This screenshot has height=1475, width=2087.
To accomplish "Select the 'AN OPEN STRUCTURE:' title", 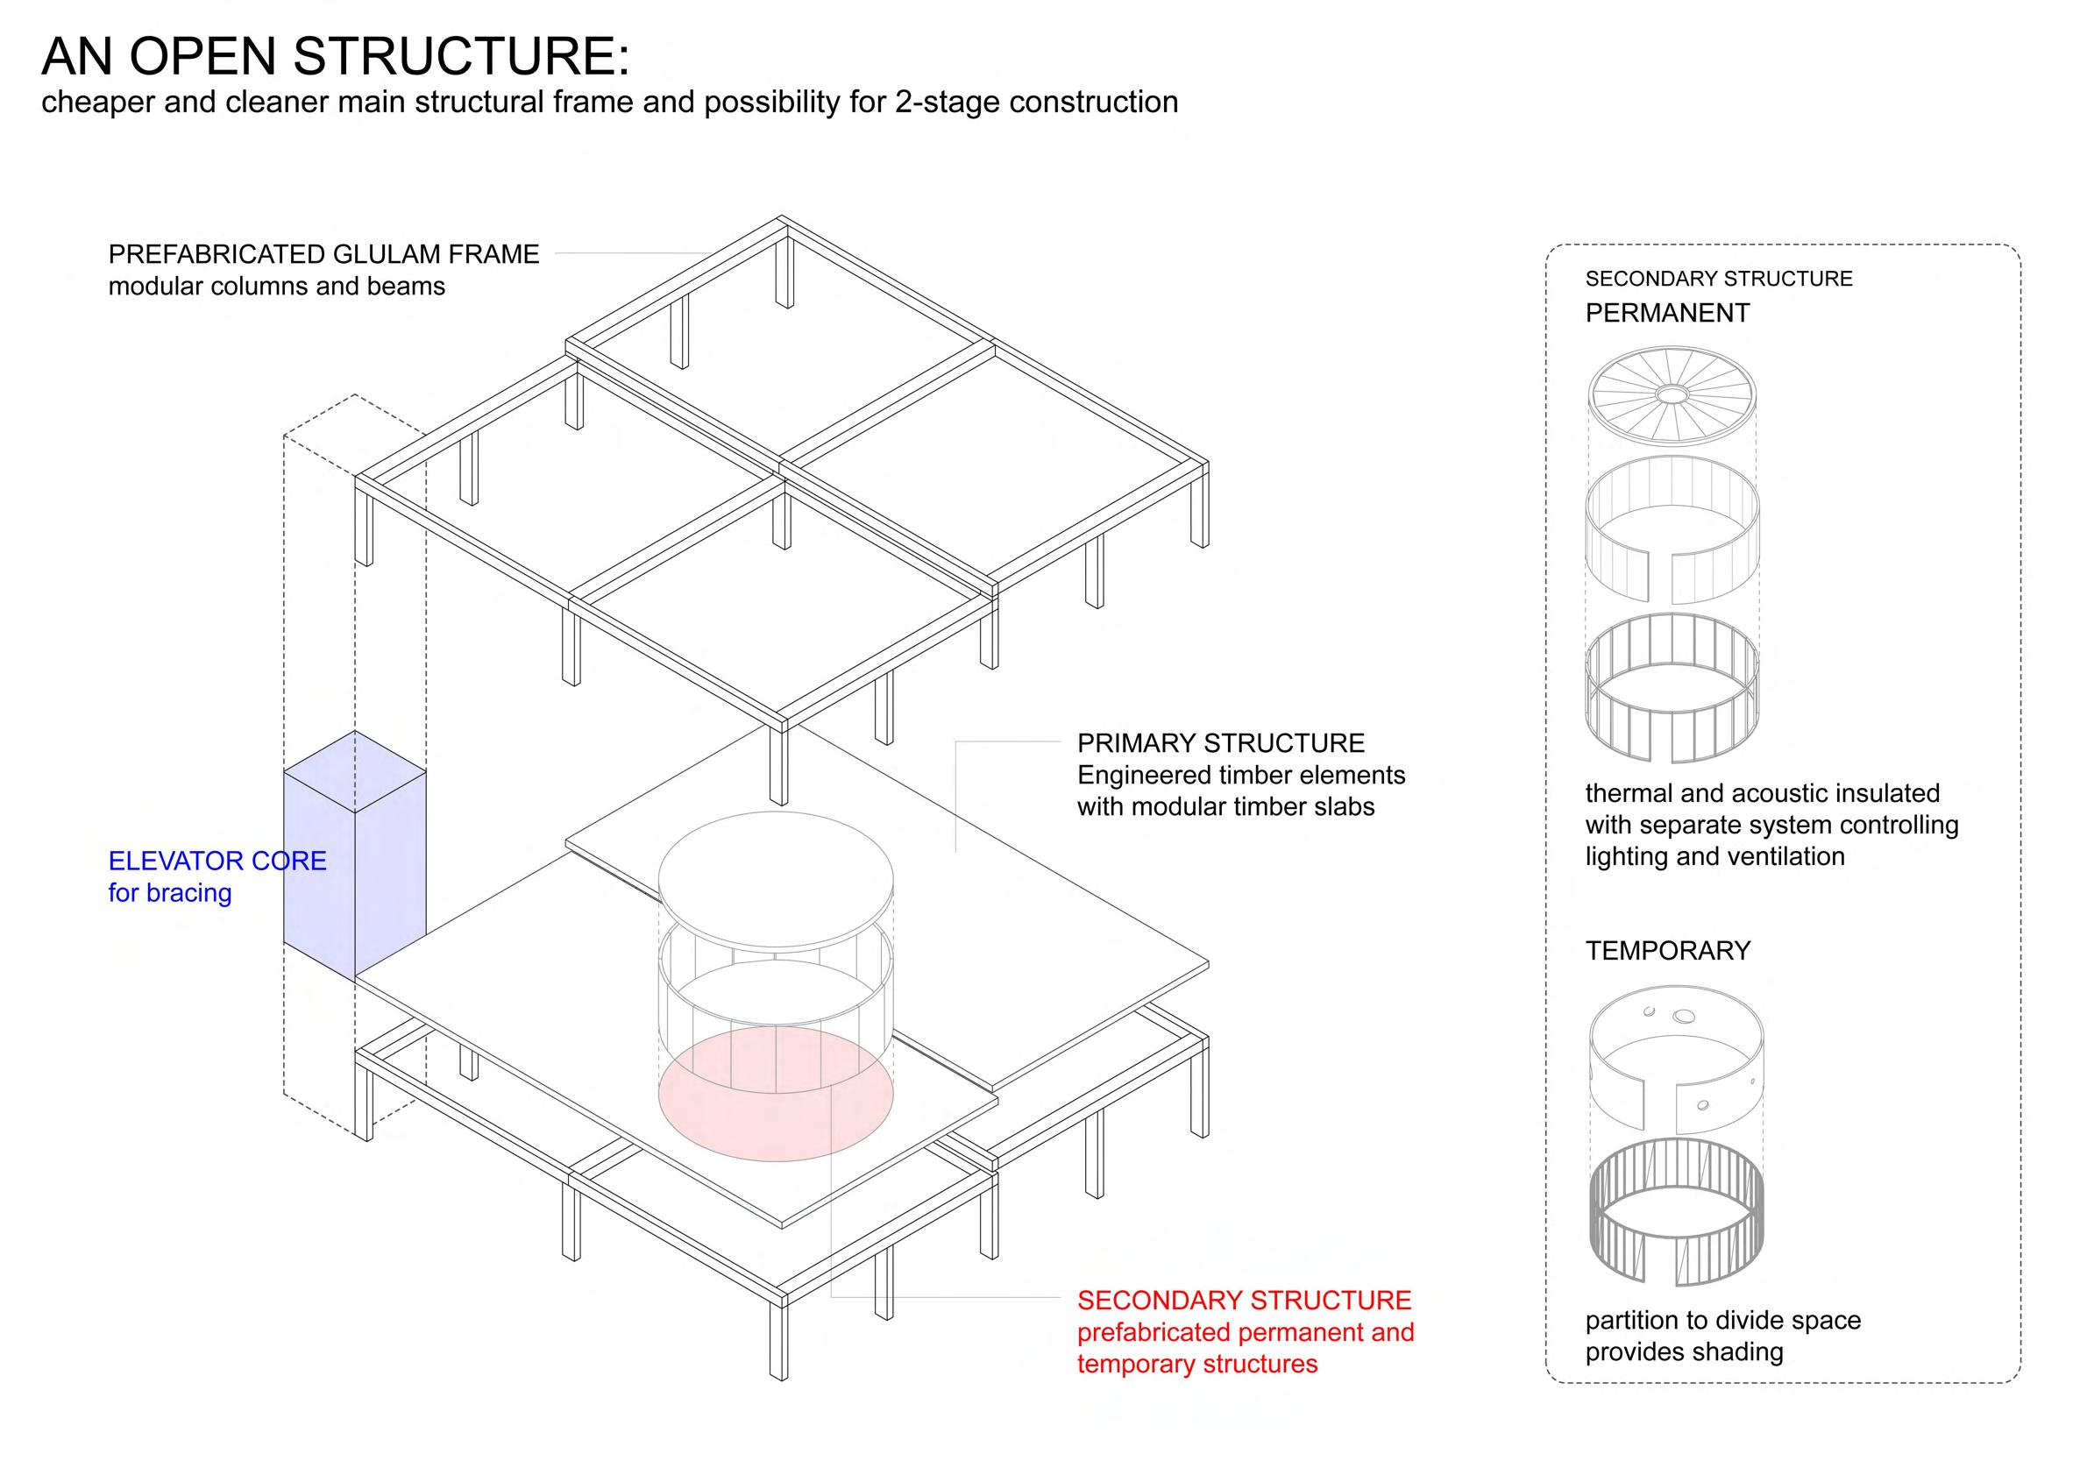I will tap(335, 56).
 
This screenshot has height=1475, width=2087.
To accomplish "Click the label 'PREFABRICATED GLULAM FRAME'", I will tap(323, 254).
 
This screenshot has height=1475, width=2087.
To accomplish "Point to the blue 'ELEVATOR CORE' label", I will tap(217, 861).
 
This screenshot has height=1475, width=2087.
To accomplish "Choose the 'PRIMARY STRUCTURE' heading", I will tap(1221, 743).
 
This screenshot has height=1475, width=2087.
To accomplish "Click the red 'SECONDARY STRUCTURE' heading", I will tap(1245, 1301).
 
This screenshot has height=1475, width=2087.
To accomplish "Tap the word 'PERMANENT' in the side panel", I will tap(1667, 313).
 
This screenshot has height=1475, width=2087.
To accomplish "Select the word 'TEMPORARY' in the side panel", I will tap(1668, 951).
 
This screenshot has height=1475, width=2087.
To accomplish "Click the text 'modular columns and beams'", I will tap(276, 287).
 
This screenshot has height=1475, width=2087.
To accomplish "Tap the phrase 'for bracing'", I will tap(170, 893).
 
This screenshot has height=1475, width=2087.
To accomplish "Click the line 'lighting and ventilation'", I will tap(1715, 857).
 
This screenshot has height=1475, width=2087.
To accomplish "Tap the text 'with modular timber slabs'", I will tap(1225, 807).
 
